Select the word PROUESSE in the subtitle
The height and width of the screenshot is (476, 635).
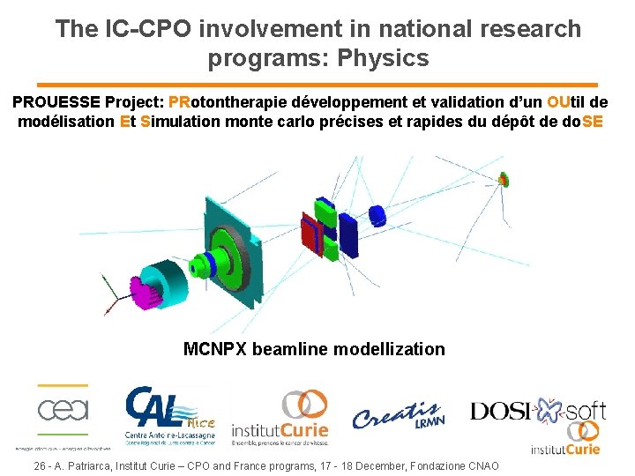pos(57,101)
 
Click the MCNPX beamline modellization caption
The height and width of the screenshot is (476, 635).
pos(314,349)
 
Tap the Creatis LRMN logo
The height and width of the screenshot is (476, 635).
pos(397,414)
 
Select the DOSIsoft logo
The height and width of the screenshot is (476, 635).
pos(538,410)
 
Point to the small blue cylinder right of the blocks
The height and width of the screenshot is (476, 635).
pos(377,214)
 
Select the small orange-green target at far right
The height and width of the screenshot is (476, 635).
pos(503,181)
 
